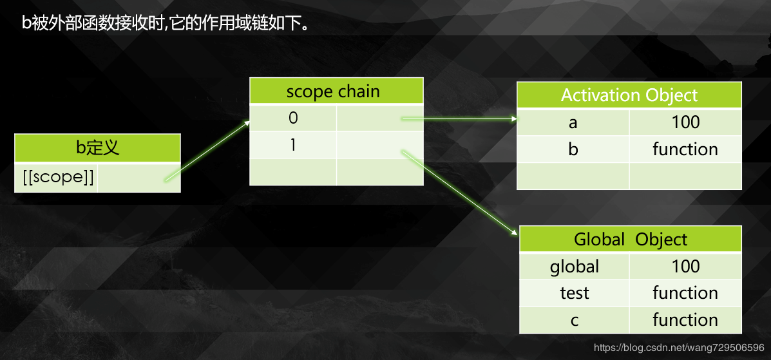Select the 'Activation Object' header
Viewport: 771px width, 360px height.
pyautogui.click(x=629, y=95)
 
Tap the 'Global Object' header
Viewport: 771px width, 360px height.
pyautogui.click(x=631, y=240)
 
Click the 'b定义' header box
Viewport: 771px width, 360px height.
pyautogui.click(x=97, y=148)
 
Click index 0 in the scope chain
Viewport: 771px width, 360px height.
pyautogui.click(x=294, y=118)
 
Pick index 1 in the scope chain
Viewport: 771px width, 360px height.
pyautogui.click(x=294, y=145)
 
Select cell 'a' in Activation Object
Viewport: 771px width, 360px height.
pyautogui.click(x=573, y=122)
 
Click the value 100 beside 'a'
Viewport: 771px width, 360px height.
pyautogui.click(x=685, y=122)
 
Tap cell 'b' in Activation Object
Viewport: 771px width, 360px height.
pyautogui.click(x=573, y=149)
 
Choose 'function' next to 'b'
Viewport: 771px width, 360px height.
pyautogui.click(x=685, y=149)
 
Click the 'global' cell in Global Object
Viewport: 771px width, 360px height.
pyautogui.click(x=575, y=267)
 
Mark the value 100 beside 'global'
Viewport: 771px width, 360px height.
pyautogui.click(x=685, y=267)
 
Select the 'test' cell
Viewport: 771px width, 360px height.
pyautogui.click(x=575, y=293)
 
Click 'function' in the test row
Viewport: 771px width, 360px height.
pyautogui.click(x=685, y=293)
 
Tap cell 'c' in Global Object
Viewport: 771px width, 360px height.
pyautogui.click(x=575, y=320)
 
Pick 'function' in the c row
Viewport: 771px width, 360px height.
pyautogui.click(x=685, y=320)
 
